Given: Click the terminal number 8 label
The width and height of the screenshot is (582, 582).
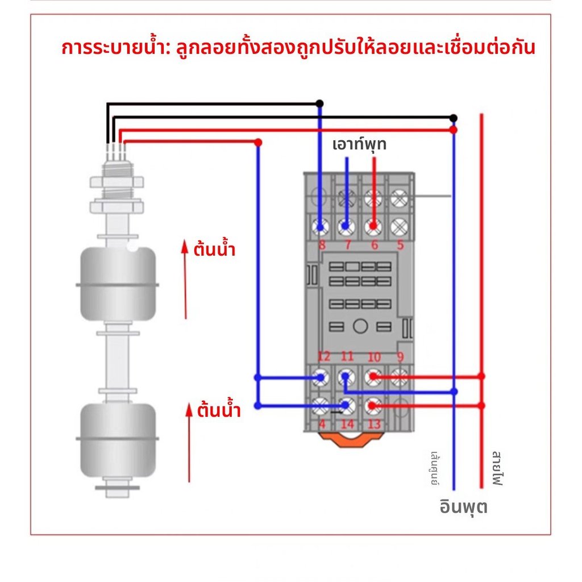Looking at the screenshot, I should click(x=322, y=246).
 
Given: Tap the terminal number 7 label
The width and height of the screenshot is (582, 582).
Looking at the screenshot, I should click(x=347, y=246).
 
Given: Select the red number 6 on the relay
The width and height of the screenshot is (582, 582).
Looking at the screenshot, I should click(x=374, y=246).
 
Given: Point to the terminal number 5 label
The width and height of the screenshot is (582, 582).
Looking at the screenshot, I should click(x=400, y=246).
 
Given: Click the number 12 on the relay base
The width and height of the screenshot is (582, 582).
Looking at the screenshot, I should click(x=323, y=356).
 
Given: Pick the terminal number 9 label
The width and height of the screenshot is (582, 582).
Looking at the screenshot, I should click(x=400, y=357).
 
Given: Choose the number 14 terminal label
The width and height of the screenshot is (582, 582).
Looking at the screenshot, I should click(x=347, y=424).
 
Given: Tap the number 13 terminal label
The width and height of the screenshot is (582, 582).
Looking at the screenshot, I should click(x=374, y=424).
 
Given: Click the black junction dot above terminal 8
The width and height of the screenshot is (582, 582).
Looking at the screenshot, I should click(x=319, y=103).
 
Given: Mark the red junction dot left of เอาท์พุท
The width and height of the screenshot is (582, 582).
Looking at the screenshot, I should click(x=258, y=142).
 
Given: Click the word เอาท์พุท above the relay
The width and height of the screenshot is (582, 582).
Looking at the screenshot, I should click(x=359, y=144).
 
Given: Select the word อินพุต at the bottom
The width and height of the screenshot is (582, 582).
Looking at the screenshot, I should click(x=463, y=505).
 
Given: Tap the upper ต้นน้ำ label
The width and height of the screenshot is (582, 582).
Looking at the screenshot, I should click(x=214, y=250).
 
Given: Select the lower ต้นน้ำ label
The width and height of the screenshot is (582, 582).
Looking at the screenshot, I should click(x=219, y=410).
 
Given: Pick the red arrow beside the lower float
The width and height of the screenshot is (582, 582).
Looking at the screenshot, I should click(x=189, y=443).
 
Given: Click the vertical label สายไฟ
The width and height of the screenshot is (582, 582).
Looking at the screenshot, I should click(x=497, y=469).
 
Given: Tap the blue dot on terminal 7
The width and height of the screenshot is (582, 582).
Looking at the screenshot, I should click(x=345, y=227).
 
